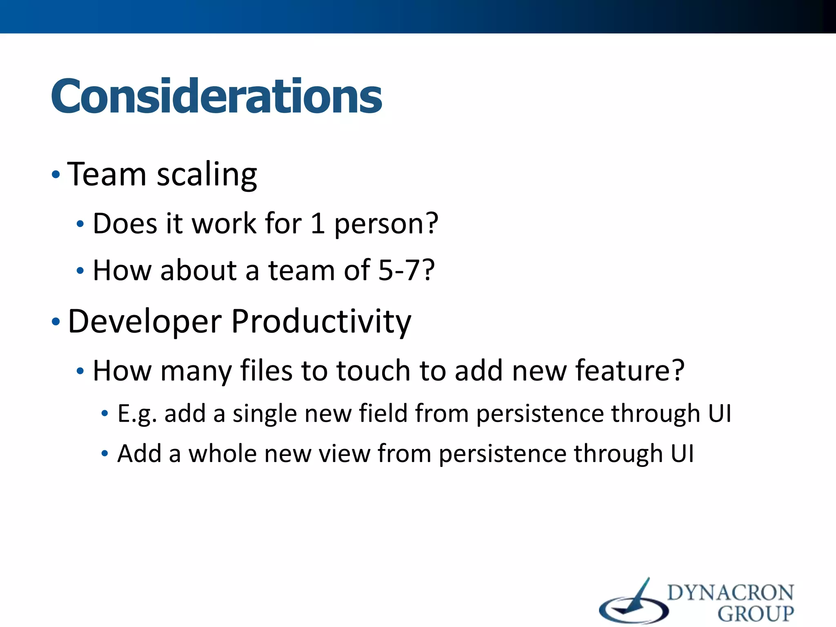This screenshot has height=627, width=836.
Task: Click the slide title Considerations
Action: tap(216, 96)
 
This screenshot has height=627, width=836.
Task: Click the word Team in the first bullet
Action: tap(107, 174)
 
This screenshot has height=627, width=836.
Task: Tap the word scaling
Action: tap(207, 176)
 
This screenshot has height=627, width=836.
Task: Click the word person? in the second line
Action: tap(386, 225)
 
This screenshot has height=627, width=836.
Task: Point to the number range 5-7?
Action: tap(407, 270)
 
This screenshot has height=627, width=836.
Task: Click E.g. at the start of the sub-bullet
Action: tap(137, 414)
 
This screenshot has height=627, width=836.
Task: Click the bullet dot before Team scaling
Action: tap(56, 175)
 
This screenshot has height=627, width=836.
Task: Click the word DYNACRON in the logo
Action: tap(730, 593)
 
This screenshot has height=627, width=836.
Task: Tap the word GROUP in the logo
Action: tap(756, 614)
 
